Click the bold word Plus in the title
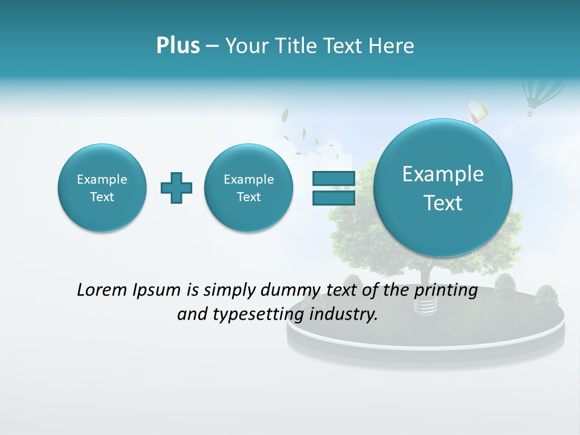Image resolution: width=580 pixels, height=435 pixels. coord(178,46)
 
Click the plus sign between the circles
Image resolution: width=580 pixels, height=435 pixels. coord(176,187)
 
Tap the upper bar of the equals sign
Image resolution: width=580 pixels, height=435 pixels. coord(333,178)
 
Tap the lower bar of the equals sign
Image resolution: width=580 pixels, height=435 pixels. coord(333,198)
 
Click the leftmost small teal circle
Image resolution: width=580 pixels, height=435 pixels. coord(102,187)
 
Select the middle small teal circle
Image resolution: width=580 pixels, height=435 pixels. coord(248,187)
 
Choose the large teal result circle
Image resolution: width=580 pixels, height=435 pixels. coord(443,188)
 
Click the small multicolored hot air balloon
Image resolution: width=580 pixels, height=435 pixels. coord(478,112)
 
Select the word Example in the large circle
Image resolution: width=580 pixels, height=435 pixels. coord(443,174)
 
